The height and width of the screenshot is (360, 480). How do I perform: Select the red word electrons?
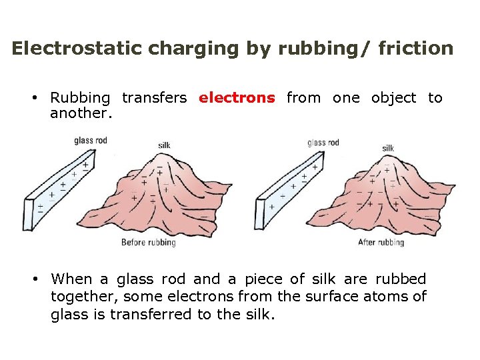[237, 98]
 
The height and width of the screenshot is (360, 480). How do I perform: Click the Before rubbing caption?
[148, 242]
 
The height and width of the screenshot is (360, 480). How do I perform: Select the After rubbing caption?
[381, 242]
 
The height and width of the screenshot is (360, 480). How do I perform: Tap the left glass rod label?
[91, 141]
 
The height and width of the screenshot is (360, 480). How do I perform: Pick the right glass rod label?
[323, 142]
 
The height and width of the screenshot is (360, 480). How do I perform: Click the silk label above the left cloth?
[164, 145]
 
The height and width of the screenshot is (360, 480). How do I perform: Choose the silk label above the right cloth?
[388, 148]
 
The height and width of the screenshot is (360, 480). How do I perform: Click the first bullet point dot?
[33, 98]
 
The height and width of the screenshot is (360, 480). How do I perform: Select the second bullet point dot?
[33, 279]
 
